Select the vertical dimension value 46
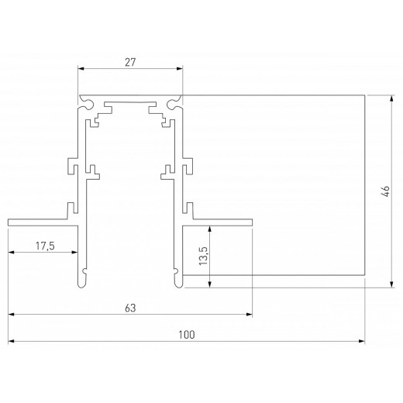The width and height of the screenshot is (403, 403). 385,191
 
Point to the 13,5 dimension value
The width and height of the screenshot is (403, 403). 203,256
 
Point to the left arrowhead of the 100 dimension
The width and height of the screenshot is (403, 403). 11,340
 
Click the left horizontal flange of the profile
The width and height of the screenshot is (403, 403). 39,222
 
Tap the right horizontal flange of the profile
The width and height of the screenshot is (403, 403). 221,222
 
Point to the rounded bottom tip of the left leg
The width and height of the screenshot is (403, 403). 82,284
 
